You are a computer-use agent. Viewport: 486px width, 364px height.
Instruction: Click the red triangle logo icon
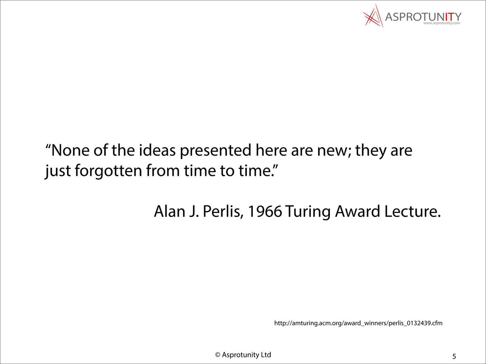pos(373,16)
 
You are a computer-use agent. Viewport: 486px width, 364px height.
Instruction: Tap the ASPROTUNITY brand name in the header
pos(423,17)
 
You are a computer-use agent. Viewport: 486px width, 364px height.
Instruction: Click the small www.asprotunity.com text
pos(442,23)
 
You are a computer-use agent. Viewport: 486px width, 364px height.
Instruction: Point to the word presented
pos(215,151)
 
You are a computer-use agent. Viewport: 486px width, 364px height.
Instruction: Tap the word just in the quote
pos(58,171)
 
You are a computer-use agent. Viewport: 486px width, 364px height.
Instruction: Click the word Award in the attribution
pos(357,211)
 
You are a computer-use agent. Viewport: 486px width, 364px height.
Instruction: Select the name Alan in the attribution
pos(169,211)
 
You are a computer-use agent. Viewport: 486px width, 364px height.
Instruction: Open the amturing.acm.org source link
pos(358,323)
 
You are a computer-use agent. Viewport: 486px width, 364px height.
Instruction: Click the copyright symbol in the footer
pos(218,355)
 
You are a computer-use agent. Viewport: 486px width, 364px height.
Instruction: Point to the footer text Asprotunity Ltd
pos(246,355)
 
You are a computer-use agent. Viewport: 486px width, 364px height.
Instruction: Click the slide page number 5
pos(454,356)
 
